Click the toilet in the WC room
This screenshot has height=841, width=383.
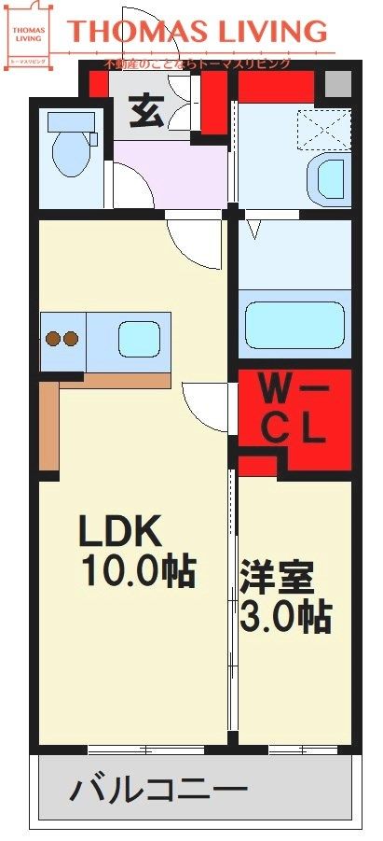(70, 154)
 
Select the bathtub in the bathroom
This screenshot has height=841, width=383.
(293, 323)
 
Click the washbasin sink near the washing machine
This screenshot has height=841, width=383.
(331, 177)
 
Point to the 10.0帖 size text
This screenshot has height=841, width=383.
(138, 571)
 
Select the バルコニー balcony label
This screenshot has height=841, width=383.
(158, 792)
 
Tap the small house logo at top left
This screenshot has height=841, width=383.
(26, 35)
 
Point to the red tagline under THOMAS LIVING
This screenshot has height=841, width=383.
(198, 63)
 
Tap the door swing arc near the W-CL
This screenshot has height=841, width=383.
(205, 407)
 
